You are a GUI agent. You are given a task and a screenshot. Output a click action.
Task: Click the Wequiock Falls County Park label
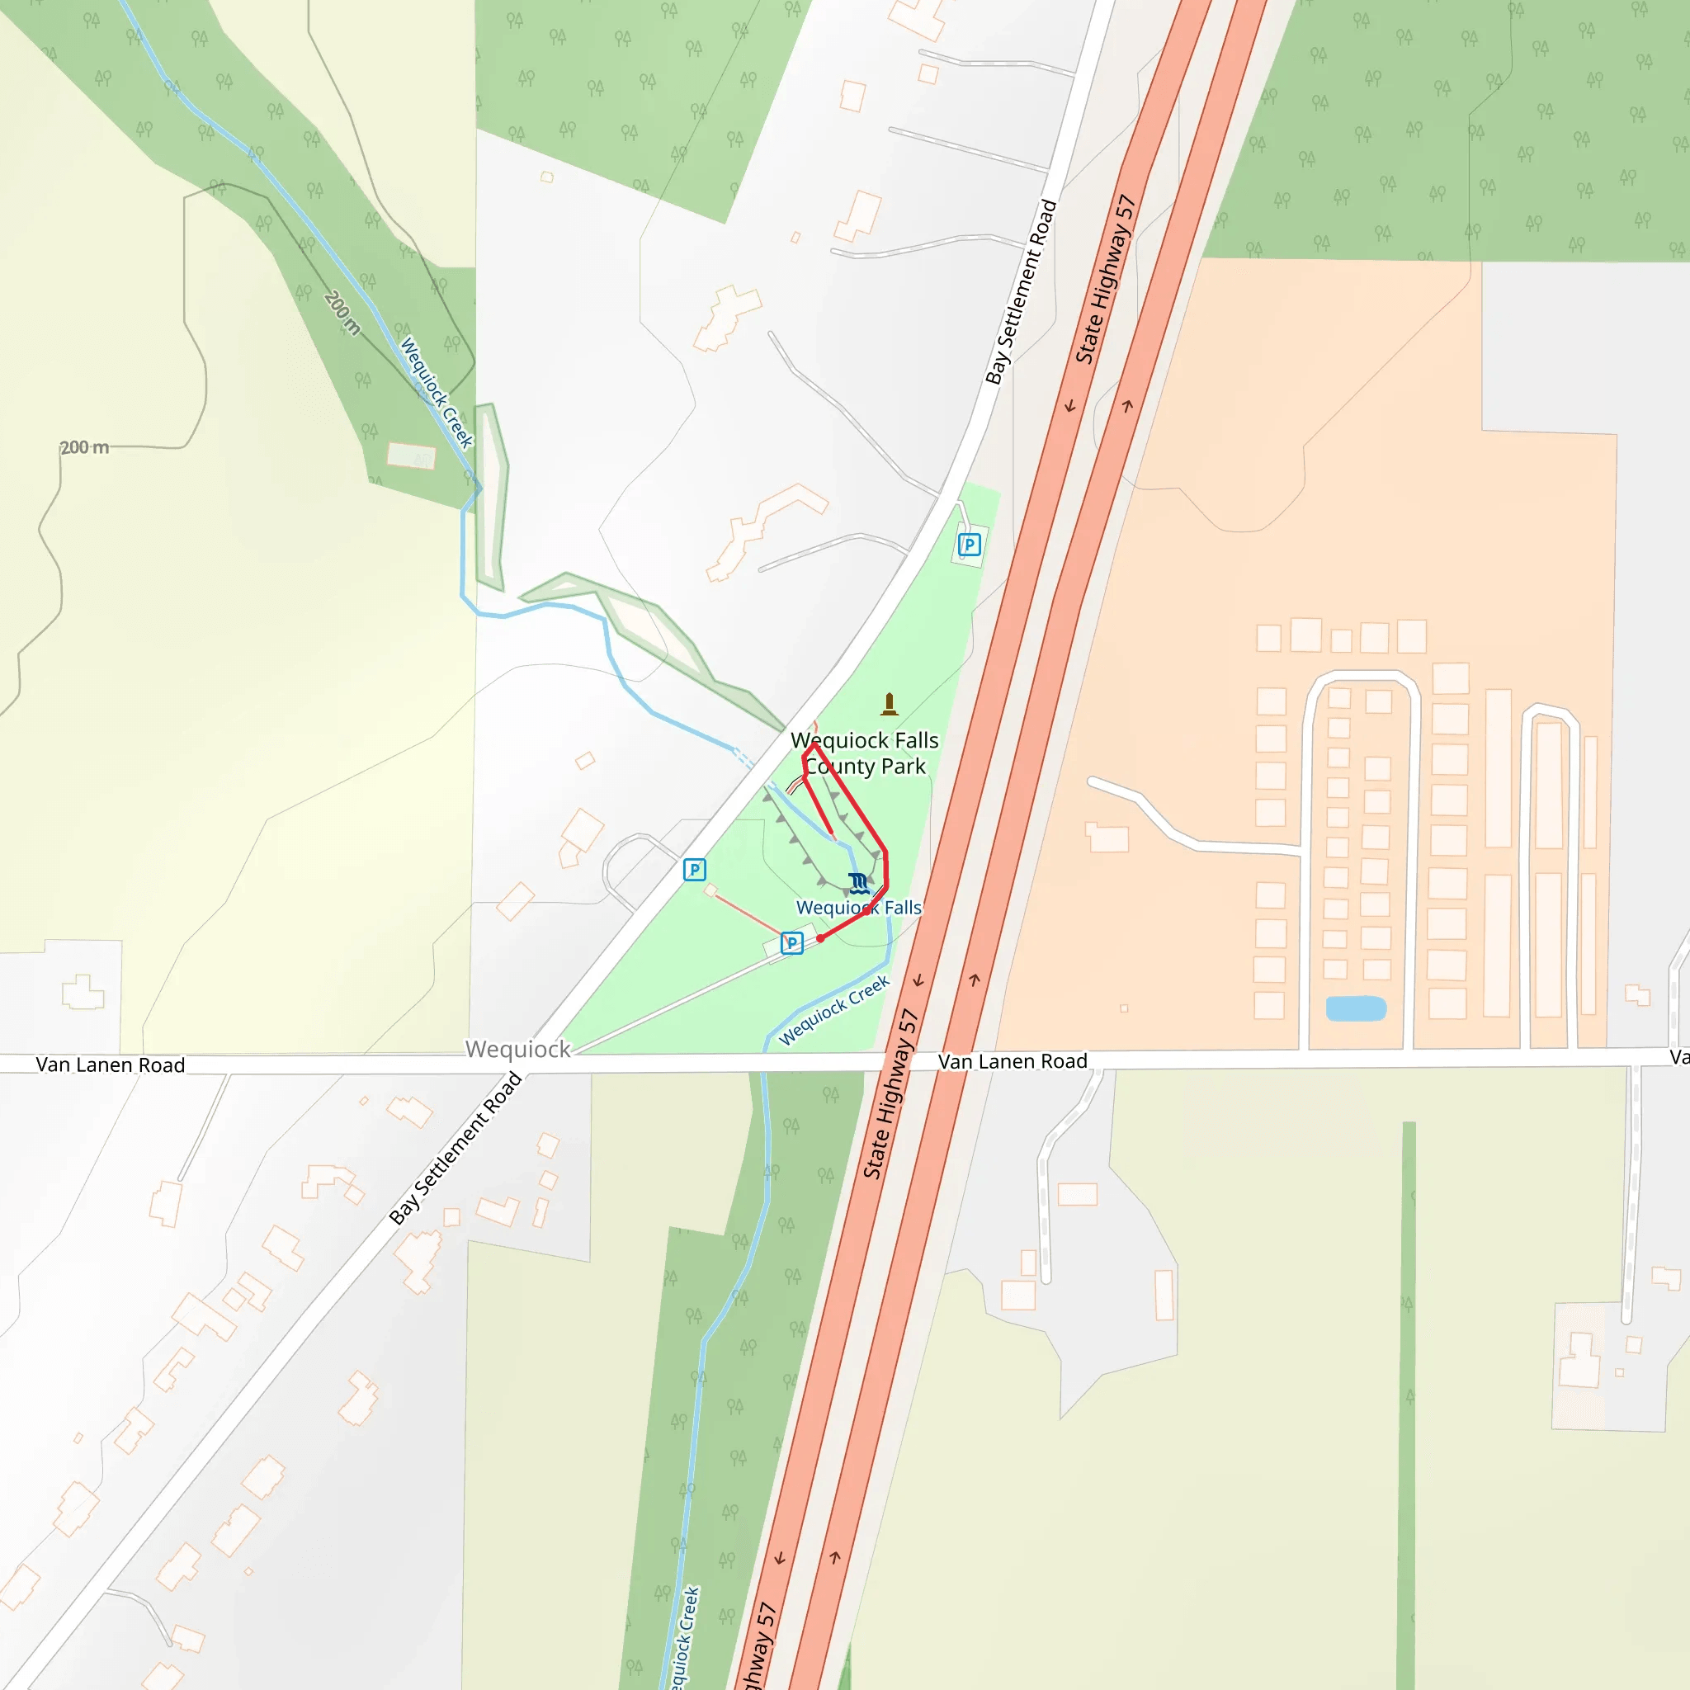click(x=864, y=753)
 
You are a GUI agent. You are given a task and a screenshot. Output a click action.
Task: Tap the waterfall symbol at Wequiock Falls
click(x=859, y=882)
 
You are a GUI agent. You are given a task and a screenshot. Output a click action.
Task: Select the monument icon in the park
click(x=890, y=703)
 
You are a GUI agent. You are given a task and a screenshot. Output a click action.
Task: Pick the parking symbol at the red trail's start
click(x=791, y=943)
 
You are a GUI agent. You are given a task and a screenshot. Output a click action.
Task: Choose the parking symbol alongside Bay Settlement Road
click(x=695, y=870)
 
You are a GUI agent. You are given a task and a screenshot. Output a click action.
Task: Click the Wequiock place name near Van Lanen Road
click(x=518, y=1049)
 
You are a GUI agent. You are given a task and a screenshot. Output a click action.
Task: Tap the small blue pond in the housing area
click(x=1356, y=1008)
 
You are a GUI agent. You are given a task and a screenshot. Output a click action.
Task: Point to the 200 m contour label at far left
click(x=85, y=448)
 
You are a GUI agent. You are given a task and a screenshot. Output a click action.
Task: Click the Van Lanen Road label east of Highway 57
click(x=1012, y=1061)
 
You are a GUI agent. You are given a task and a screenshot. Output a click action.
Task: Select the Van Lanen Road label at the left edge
click(x=111, y=1065)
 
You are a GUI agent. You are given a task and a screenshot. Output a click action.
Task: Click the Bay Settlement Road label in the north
click(x=1021, y=292)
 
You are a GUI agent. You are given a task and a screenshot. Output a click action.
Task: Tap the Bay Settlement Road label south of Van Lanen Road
click(x=456, y=1148)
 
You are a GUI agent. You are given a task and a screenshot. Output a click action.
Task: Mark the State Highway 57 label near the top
click(x=1106, y=279)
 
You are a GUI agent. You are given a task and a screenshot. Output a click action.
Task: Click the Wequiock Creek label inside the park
click(x=834, y=1010)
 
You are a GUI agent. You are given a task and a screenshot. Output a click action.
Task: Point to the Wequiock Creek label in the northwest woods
click(x=437, y=393)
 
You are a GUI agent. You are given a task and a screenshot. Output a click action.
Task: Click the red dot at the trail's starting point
click(x=820, y=937)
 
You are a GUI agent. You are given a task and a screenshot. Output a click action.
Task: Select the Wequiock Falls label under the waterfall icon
click(x=858, y=908)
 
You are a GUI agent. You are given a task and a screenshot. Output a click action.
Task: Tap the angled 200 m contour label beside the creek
click(x=342, y=312)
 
